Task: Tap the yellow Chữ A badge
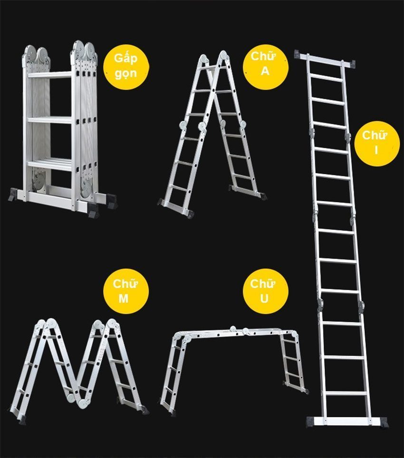point(266,64)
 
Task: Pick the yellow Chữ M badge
point(125,291)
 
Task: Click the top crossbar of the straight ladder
point(326,60)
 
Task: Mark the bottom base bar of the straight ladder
point(346,421)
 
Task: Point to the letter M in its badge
point(125,299)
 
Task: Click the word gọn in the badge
point(125,73)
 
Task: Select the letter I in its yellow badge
point(376,150)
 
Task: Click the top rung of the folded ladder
point(49,75)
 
